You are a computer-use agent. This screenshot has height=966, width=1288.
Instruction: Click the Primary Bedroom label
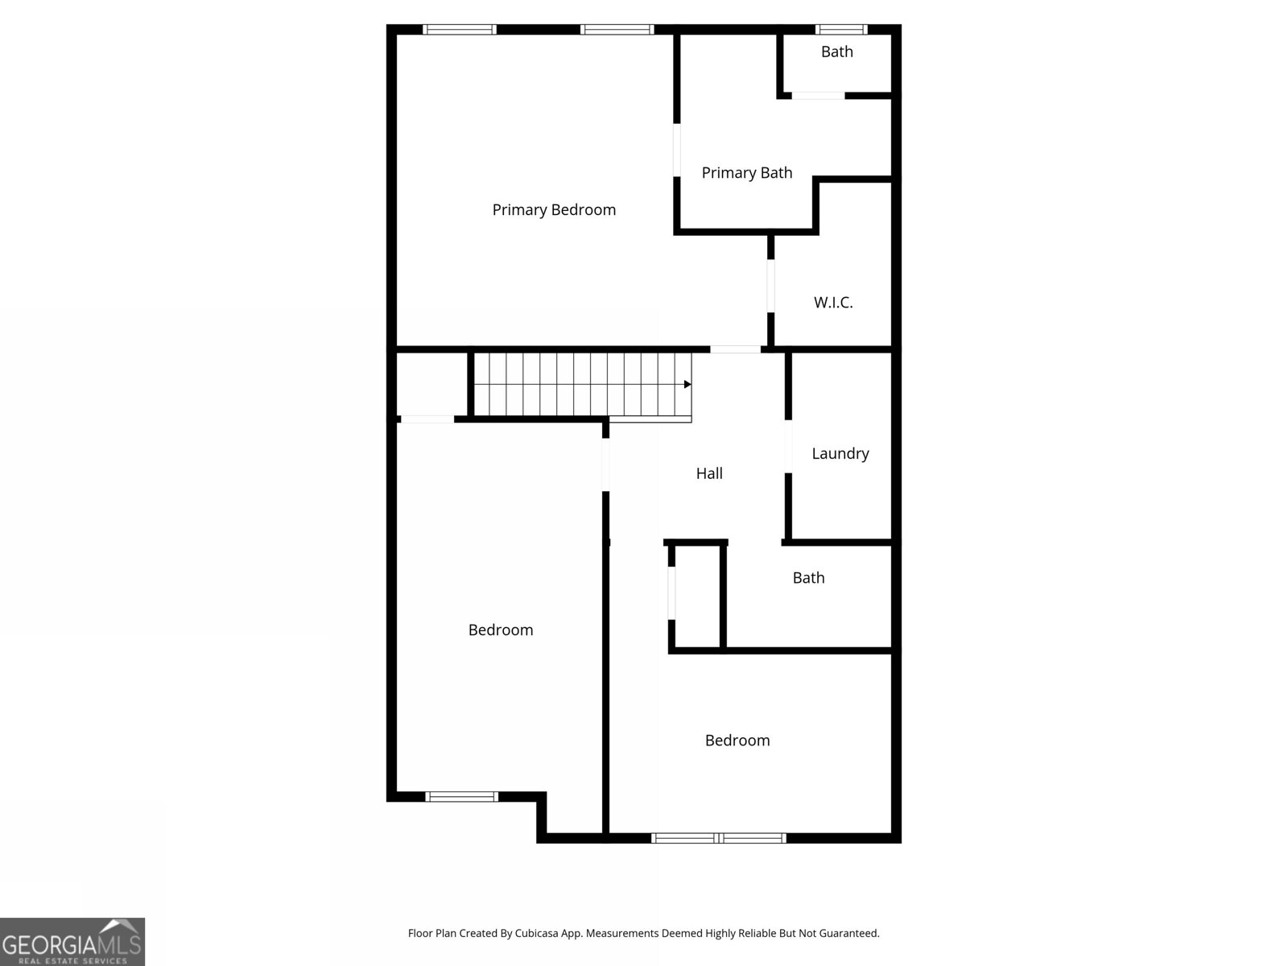(554, 210)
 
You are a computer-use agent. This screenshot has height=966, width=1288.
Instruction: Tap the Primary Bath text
(747, 173)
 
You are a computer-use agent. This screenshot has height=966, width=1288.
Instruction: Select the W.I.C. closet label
(833, 303)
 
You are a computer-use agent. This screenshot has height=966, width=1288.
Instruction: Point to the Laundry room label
(840, 453)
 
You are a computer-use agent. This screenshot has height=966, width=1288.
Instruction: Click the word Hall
(709, 473)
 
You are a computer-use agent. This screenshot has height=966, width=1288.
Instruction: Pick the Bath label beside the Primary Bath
(837, 52)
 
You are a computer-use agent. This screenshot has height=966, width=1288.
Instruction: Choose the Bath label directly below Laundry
(808, 577)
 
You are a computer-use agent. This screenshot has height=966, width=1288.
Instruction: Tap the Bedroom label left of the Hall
(501, 630)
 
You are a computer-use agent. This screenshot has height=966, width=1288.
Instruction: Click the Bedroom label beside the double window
(737, 740)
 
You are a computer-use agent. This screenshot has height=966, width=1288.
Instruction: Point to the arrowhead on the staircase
(687, 385)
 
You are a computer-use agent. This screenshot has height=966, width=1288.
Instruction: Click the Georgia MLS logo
(72, 941)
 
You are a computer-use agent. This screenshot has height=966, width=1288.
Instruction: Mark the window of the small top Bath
(841, 30)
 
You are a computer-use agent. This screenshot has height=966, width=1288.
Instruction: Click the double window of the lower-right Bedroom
(719, 838)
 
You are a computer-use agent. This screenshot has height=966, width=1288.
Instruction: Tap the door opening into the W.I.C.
(770, 286)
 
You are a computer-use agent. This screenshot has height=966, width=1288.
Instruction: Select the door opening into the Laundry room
(788, 447)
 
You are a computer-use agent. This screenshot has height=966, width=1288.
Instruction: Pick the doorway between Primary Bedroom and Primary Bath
(677, 150)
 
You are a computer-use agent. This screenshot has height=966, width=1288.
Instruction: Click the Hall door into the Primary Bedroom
(735, 349)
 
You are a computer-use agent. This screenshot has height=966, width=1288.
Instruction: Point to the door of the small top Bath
(818, 96)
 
